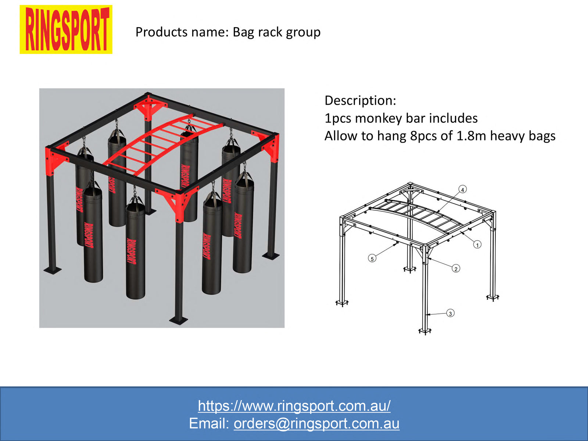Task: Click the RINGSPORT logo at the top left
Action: click(66, 29)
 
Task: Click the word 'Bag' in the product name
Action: click(243, 32)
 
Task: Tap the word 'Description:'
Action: click(360, 100)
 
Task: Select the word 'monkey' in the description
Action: click(379, 118)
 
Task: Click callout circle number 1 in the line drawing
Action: click(477, 244)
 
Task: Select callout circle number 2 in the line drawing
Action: click(456, 269)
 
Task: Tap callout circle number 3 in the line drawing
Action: click(450, 313)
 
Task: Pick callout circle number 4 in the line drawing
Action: click(463, 190)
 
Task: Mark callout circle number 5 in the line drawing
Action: click(372, 259)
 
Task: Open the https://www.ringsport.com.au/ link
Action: click(294, 406)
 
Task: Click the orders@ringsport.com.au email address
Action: click(316, 424)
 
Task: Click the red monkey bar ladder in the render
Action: click(162, 143)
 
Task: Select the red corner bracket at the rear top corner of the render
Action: click(149, 107)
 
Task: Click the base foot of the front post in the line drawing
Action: click(425, 331)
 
